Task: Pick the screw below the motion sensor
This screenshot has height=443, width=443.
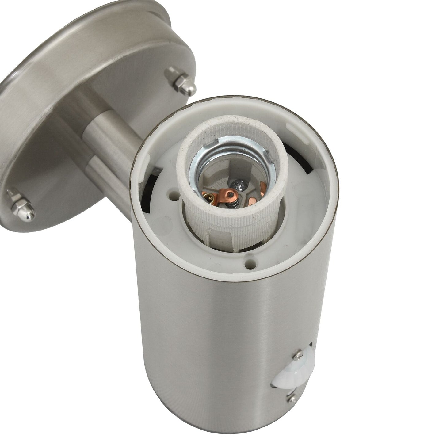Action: click(291, 398)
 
